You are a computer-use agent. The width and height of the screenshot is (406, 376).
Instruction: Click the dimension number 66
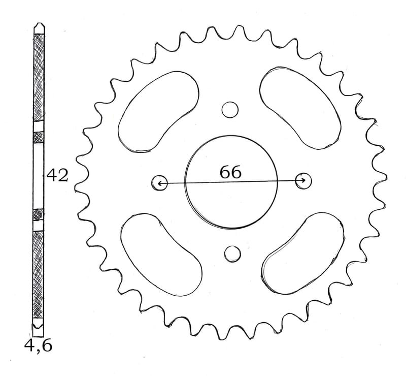[x=230, y=172]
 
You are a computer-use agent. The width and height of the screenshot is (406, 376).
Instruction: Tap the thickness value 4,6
[x=38, y=346]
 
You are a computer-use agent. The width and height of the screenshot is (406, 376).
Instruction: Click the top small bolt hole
[x=230, y=110]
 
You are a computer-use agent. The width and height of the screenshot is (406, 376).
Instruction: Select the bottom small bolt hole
[x=232, y=254]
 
